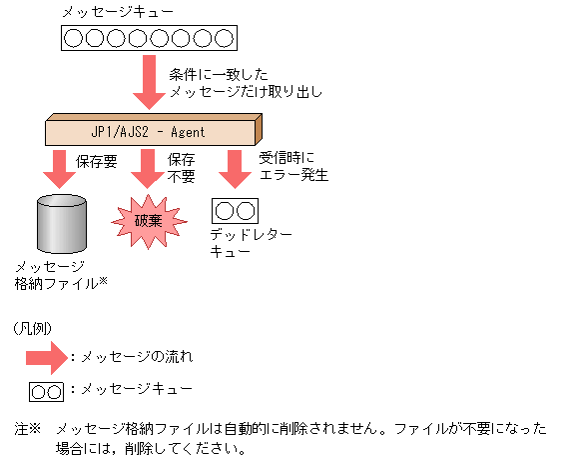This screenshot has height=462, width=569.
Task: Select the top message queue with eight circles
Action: [148, 39]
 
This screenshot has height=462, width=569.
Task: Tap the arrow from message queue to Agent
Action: [148, 83]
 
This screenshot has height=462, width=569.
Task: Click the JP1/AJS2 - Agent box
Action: [151, 131]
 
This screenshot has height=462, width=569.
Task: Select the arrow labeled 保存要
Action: [61, 169]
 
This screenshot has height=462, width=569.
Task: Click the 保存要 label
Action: [99, 159]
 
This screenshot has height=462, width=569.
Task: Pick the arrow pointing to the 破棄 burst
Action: [148, 169]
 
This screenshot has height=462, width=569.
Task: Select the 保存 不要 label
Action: [182, 166]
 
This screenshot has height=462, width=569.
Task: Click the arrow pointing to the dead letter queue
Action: [235, 169]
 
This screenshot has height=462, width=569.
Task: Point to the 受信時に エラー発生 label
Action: [293, 166]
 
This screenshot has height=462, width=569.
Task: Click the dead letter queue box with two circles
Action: [236, 211]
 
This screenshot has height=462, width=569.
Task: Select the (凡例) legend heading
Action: [33, 327]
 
